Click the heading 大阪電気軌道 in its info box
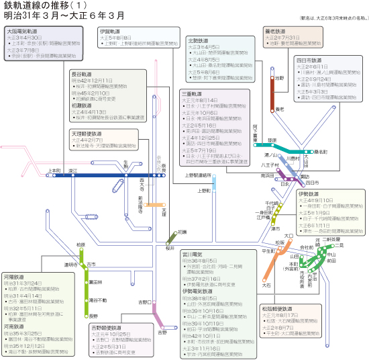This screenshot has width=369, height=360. click(x=24, y=31)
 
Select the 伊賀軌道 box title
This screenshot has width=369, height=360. click(x=111, y=31)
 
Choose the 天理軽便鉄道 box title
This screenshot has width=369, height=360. click(x=84, y=134)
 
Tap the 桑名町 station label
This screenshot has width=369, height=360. click(x=320, y=152)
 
